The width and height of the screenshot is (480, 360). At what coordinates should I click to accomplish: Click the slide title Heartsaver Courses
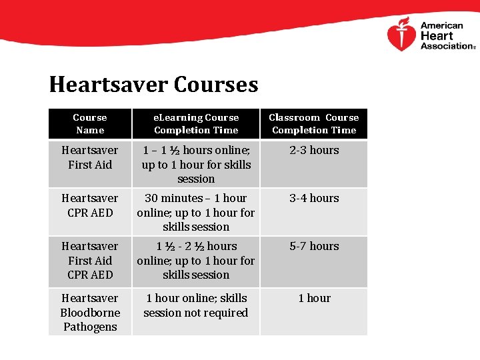tap(153, 85)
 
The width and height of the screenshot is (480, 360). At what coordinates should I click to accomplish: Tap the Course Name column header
tap(90, 124)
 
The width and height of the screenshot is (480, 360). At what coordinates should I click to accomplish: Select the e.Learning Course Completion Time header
tap(196, 124)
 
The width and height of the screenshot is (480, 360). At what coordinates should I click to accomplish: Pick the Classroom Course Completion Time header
tap(314, 124)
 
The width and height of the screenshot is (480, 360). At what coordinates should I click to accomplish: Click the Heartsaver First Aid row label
tap(90, 157)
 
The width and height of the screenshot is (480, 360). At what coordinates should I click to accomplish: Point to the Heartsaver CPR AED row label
tap(90, 205)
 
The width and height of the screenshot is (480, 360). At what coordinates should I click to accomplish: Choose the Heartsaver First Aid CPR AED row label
tap(90, 260)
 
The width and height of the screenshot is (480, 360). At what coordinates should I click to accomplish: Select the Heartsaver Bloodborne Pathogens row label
tap(90, 312)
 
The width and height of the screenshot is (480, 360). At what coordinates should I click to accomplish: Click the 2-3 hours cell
tap(314, 151)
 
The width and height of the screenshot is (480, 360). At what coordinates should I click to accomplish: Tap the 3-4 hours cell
tap(314, 199)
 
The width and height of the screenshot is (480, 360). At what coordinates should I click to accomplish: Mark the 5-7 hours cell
tap(314, 247)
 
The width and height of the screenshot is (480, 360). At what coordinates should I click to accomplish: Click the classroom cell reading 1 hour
tap(314, 299)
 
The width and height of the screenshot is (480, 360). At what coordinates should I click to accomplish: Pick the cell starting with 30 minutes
tap(196, 212)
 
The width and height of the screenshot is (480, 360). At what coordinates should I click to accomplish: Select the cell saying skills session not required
tap(196, 305)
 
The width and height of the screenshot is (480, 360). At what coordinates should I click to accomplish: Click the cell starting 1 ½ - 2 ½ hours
tap(196, 260)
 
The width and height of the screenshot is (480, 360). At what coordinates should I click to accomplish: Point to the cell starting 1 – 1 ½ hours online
tap(196, 164)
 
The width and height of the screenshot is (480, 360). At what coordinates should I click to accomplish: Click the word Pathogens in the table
tap(90, 327)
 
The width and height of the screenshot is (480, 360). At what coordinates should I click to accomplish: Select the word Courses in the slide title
tap(215, 85)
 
